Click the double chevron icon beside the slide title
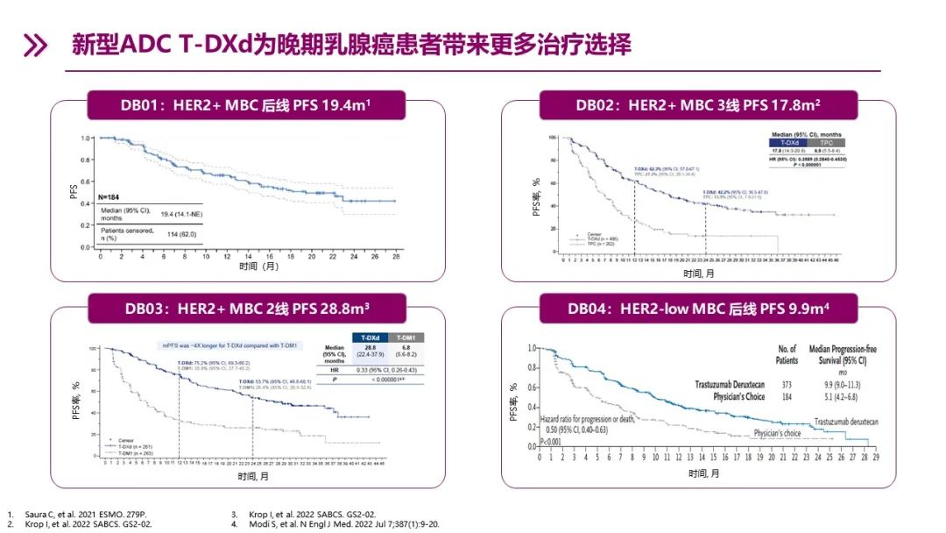point(34,46)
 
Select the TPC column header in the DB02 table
point(826,141)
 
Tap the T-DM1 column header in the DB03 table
point(405,338)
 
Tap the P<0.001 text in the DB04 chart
point(551,442)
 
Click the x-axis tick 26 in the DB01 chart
point(394,256)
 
